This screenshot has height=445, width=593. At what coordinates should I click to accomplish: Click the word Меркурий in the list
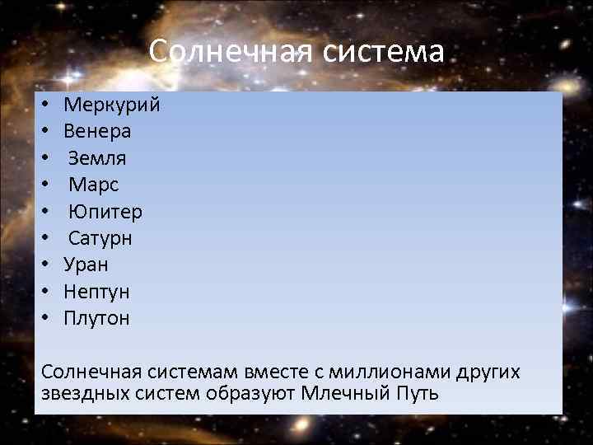(111, 105)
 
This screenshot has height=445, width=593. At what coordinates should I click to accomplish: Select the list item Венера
(97, 131)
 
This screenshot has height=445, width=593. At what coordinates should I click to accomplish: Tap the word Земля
(97, 158)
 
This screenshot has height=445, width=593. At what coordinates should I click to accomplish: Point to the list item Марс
(94, 185)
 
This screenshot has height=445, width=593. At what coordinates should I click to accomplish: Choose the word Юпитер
(105, 212)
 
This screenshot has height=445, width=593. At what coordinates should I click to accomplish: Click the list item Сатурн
(100, 238)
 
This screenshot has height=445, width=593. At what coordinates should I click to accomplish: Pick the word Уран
(86, 265)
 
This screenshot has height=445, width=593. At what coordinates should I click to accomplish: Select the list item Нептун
(96, 292)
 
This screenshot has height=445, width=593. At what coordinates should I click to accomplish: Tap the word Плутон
(96, 318)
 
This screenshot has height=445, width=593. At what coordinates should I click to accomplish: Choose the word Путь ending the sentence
(418, 393)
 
